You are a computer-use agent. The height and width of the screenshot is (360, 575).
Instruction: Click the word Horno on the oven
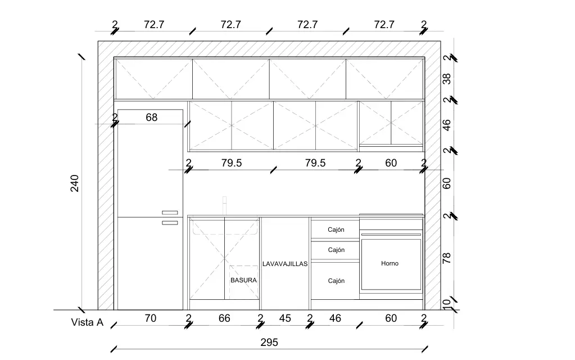tap(390, 263)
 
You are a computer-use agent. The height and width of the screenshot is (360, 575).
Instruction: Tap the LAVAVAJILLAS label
tap(285, 264)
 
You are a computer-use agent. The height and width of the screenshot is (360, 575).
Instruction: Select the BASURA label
tap(243, 280)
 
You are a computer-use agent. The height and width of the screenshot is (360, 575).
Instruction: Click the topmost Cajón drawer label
tap(336, 229)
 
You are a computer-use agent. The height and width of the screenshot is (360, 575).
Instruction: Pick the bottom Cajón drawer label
tap(336, 281)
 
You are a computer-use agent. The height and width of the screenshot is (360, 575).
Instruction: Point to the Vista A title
tap(87, 322)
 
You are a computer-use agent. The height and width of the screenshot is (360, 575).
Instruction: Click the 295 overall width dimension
tap(269, 343)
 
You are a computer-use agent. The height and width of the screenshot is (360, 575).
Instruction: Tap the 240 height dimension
tap(74, 183)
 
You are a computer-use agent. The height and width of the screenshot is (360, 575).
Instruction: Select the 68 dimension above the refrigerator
tap(151, 118)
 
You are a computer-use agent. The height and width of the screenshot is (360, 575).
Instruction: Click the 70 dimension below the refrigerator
tap(150, 318)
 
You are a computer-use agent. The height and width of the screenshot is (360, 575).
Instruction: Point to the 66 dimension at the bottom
tap(224, 318)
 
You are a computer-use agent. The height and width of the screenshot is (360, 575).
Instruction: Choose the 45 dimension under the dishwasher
tap(285, 318)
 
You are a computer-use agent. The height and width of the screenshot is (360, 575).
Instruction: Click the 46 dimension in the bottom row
tap(335, 318)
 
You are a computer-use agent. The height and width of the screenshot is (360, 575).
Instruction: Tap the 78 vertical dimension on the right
tap(447, 258)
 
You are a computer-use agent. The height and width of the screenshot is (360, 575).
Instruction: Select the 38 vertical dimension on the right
tap(447, 79)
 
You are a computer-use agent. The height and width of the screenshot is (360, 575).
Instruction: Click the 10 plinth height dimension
tap(447, 304)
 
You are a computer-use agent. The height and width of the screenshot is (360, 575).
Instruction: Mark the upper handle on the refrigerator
tap(170, 213)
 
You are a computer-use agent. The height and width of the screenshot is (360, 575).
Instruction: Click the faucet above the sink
tap(225, 205)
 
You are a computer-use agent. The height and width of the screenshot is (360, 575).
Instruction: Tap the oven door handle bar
tap(391, 235)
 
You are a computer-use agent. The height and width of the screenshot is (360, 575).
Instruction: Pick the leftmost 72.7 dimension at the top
tap(154, 25)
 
